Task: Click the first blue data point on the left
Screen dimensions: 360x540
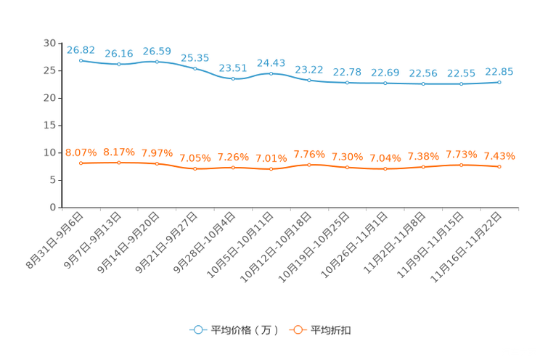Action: (81, 60)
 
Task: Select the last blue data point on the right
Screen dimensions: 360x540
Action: (499, 82)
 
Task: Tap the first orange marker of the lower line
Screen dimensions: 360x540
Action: (81, 163)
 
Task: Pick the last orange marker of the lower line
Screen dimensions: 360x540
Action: (499, 166)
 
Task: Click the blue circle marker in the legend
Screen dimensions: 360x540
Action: (197, 330)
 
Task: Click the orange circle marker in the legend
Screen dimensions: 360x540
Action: (297, 330)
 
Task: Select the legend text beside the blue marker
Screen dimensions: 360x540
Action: (244, 330)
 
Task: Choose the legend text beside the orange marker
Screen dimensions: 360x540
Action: (331, 330)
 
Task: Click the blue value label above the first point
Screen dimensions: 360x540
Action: (81, 49)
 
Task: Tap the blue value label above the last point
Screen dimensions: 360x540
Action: (499, 71)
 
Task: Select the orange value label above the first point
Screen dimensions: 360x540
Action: (81, 152)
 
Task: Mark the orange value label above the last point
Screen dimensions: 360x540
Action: (499, 155)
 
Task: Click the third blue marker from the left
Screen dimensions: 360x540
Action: (157, 62)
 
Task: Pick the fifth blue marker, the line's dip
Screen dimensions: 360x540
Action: (233, 78)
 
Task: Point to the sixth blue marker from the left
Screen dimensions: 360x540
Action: (271, 73)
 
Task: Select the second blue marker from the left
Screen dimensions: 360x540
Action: (119, 65)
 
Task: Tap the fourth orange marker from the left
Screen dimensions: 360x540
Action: (195, 168)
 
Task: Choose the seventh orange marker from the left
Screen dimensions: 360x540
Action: (309, 164)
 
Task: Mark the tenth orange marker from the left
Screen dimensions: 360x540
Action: (423, 167)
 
